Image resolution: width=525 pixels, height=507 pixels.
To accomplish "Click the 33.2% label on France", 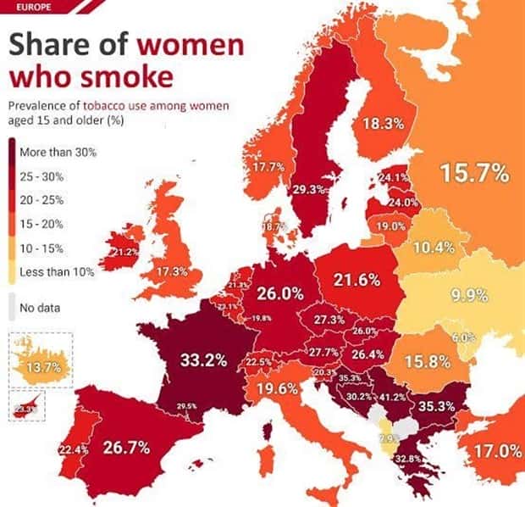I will click(x=203, y=360).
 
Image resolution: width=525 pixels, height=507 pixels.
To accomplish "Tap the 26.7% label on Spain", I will click(x=128, y=447).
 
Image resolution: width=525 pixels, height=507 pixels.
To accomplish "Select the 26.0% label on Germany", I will click(x=280, y=293).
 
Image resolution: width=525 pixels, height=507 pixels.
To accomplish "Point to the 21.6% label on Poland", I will click(x=356, y=280).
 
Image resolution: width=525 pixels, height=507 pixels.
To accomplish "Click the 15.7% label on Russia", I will click(x=474, y=174).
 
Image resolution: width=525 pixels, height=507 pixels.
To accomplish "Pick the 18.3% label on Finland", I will click(x=383, y=124).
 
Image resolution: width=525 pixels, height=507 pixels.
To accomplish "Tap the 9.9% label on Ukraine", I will click(x=468, y=295).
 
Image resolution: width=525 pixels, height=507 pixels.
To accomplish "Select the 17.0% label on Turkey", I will click(x=496, y=451).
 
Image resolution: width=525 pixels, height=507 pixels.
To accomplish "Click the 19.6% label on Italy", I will click(x=276, y=389).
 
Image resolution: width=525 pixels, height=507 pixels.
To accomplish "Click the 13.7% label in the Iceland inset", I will click(x=44, y=367).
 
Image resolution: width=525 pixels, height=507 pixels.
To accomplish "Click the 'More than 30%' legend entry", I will click(x=64, y=153).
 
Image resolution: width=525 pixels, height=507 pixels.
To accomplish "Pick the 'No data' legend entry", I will click(x=47, y=307).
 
